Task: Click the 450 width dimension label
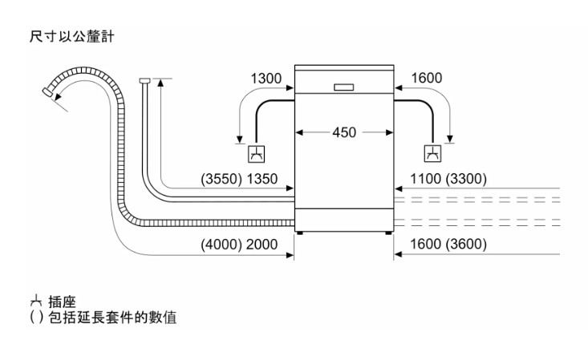pyautogui.click(x=344, y=132)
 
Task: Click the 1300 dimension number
pyautogui.click(x=266, y=79)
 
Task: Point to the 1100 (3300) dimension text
pyautogui.click(x=448, y=179)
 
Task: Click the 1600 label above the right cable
pyautogui.click(x=426, y=79)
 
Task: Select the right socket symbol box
pyautogui.click(x=432, y=154)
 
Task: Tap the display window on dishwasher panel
pyautogui.click(x=344, y=86)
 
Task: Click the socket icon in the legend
pyautogui.click(x=34, y=302)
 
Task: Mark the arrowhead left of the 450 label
pyautogui.click(x=299, y=132)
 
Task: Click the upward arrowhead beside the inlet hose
pyautogui.click(x=160, y=83)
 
